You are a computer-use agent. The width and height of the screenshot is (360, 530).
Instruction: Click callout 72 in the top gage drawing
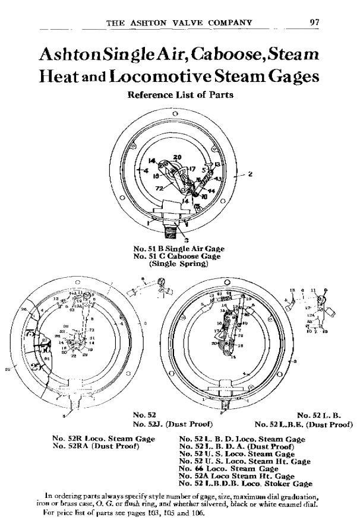point(160,188)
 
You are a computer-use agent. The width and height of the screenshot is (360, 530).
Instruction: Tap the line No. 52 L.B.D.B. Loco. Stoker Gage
point(245,484)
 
